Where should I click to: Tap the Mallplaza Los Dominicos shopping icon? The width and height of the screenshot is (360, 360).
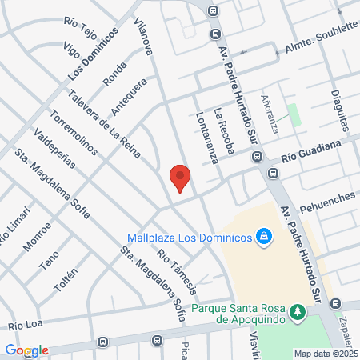click(262, 237)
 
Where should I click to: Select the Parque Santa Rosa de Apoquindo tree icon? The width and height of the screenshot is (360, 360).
click(298, 310)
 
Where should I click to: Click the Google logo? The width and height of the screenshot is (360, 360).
click(26, 350)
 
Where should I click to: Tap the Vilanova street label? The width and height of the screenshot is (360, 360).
click(144, 37)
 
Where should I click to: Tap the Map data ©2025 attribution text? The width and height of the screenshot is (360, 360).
click(326, 354)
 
